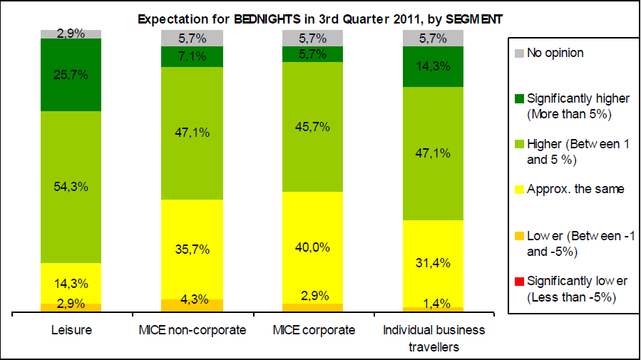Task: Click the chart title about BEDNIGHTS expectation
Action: (x=320, y=20)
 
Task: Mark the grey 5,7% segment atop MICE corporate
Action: (x=312, y=38)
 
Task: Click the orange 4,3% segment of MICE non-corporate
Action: (x=192, y=305)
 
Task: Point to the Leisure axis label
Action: (x=71, y=330)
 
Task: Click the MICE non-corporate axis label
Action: (x=192, y=330)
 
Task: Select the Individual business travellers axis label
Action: (x=434, y=338)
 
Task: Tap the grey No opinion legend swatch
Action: (x=518, y=53)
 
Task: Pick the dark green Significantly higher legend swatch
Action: (x=518, y=98)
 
